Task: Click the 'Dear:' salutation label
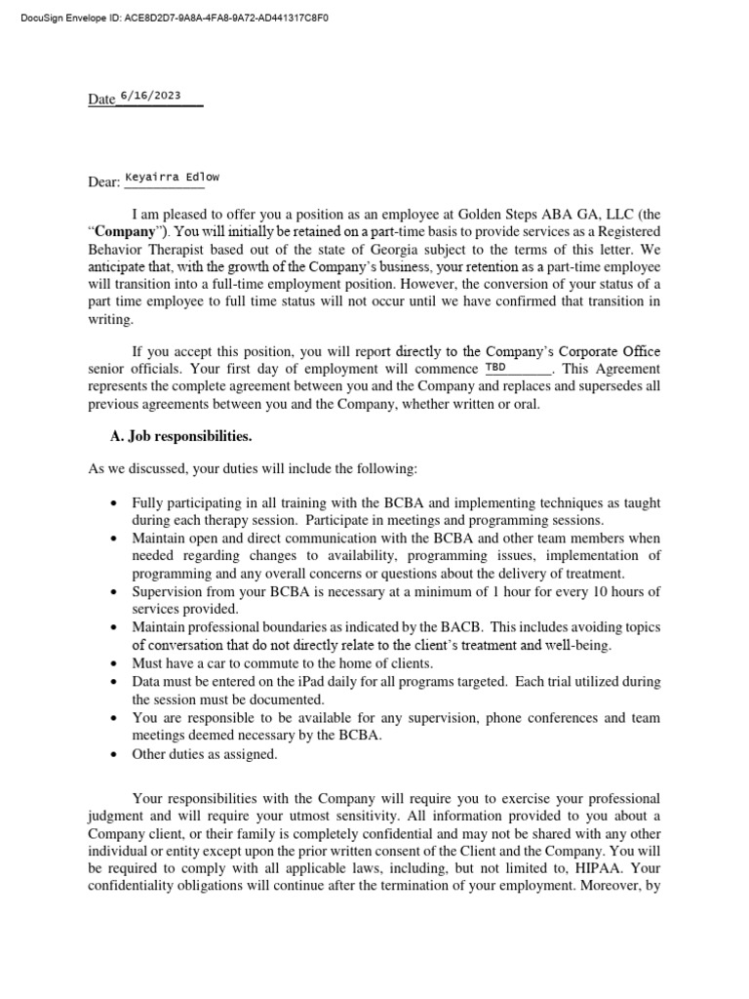pyautogui.click(x=104, y=181)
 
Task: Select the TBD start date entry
pyautogui.click(x=495, y=368)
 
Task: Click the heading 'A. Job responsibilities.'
pyautogui.click(x=182, y=436)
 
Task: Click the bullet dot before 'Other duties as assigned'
pyautogui.click(x=114, y=755)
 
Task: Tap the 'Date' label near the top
pyautogui.click(x=101, y=100)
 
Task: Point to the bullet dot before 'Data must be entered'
pyautogui.click(x=114, y=682)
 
